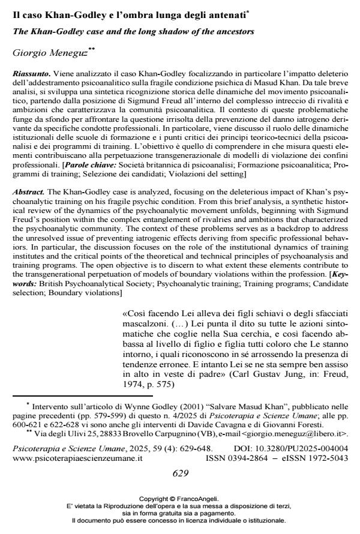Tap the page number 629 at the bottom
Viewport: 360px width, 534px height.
click(x=181, y=473)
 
